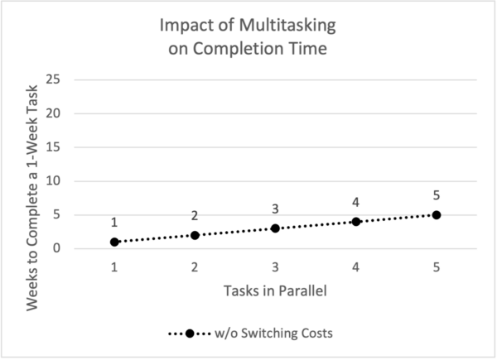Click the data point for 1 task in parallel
click(x=114, y=242)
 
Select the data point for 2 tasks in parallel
click(x=195, y=235)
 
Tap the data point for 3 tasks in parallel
click(x=275, y=228)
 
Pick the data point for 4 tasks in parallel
click(x=355, y=222)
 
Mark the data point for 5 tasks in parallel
click(x=436, y=215)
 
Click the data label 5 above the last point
click(x=436, y=196)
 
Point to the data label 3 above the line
click(x=275, y=209)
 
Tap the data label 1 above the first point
click(x=114, y=223)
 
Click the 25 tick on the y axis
click(x=55, y=79)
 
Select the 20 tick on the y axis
click(x=55, y=113)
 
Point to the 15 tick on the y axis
click(x=55, y=147)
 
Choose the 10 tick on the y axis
click(x=55, y=181)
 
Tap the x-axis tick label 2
click(x=195, y=267)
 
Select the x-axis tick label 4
click(x=355, y=267)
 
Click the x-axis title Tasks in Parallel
click(x=275, y=292)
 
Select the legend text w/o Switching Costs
click(x=262, y=334)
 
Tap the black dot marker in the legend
click(x=190, y=334)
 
